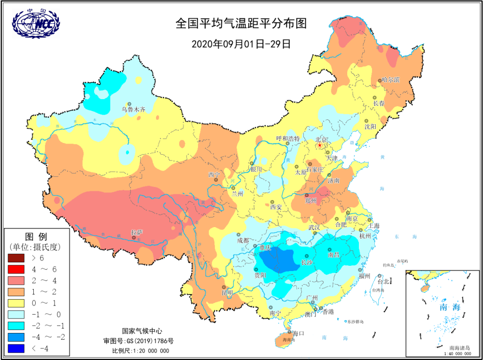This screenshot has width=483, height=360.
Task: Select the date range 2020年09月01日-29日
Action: coord(241,43)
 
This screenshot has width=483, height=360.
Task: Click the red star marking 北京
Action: coord(319,145)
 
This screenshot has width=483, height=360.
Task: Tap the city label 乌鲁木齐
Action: coord(133,110)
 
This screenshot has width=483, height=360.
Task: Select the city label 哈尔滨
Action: coord(391,79)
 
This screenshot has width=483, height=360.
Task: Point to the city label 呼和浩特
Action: coord(288,138)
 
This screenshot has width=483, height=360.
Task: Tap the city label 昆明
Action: coord(227,293)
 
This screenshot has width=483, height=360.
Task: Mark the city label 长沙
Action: coord(307,262)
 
